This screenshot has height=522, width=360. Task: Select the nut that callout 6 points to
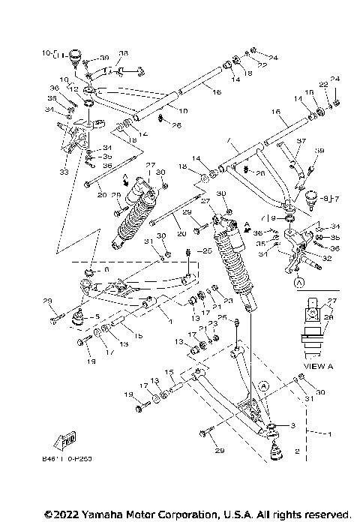89,271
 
